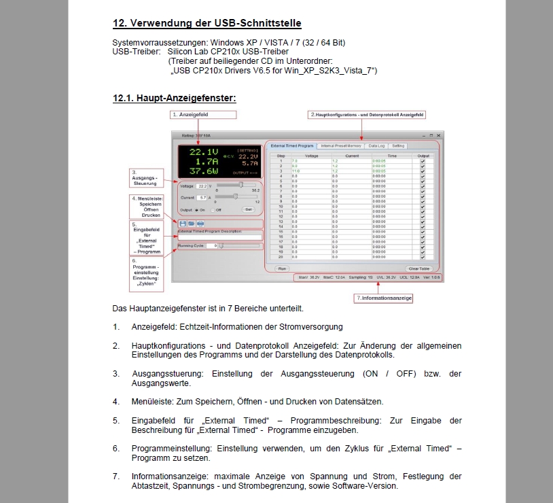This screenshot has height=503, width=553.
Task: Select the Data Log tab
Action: pos(376,145)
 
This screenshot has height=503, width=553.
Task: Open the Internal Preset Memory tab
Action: pos(341,145)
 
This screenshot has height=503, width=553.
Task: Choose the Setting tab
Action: pos(398,145)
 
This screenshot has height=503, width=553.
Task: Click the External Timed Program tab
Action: pos(291,145)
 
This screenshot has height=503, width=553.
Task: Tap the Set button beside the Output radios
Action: pos(248,209)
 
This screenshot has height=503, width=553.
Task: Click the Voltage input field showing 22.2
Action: pos(202,186)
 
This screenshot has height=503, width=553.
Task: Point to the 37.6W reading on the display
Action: pos(204,172)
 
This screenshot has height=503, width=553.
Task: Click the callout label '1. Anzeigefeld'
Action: pos(188,115)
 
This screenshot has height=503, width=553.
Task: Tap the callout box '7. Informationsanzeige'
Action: pos(385,298)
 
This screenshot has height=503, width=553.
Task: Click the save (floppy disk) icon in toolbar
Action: pos(183,222)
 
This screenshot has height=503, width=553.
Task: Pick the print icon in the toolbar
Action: pos(200,222)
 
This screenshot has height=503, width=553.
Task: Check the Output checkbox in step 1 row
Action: pos(423,161)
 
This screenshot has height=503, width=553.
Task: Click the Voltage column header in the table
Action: pos(311,156)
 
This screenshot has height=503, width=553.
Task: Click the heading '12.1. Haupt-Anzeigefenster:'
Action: pos(174,99)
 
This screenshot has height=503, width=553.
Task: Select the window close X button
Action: pos(438,135)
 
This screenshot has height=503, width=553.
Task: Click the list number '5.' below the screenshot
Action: pos(116,421)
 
